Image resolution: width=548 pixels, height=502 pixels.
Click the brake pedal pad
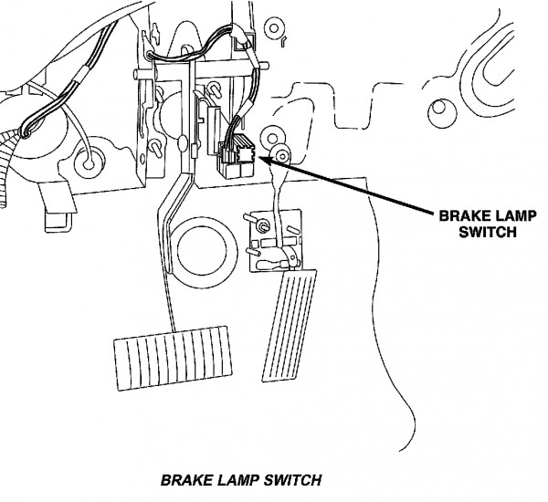pyautogui.click(x=173, y=359)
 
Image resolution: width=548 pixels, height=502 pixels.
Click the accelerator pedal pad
pyautogui.click(x=290, y=325)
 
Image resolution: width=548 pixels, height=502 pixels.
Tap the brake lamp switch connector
pyautogui.click(x=237, y=157)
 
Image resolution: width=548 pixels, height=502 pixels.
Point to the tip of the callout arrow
pyautogui.click(x=259, y=158)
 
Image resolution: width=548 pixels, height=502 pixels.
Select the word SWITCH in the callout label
pyautogui.click(x=488, y=232)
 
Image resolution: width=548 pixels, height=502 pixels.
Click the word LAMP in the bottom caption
pyautogui.click(x=240, y=480)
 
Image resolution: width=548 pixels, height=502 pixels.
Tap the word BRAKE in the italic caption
pyautogui.click(x=187, y=480)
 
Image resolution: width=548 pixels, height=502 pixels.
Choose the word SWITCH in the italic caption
pyautogui.click(x=293, y=480)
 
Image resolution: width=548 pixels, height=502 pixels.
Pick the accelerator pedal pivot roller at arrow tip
pyautogui.click(x=281, y=155)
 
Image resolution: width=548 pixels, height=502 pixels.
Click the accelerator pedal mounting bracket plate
pyautogui.click(x=276, y=240)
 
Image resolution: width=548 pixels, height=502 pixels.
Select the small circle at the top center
pyautogui.click(x=274, y=28)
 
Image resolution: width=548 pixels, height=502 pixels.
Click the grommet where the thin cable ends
pyautogui.click(x=90, y=163)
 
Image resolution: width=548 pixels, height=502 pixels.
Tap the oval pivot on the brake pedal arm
pyautogui.click(x=183, y=144)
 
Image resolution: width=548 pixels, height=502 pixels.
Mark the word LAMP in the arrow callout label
pyautogui.click(x=513, y=216)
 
